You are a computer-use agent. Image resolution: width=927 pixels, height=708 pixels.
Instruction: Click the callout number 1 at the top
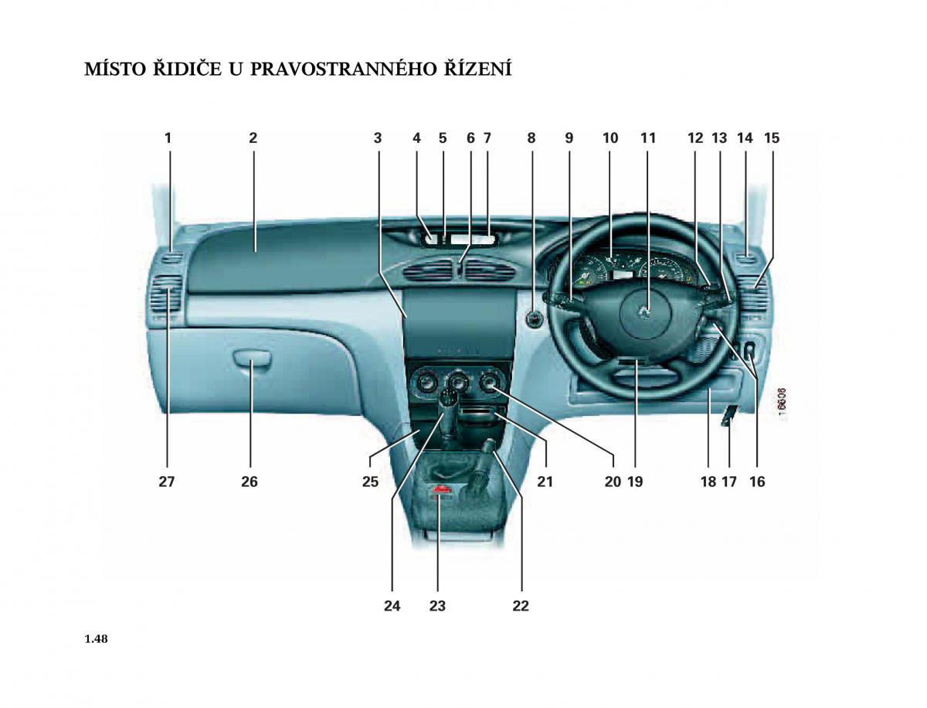click(168, 138)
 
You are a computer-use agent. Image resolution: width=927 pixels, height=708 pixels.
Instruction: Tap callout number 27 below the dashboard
click(166, 482)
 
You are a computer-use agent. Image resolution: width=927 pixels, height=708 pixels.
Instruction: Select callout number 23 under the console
click(437, 606)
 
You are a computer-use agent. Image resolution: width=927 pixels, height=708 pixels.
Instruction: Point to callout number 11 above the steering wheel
click(648, 138)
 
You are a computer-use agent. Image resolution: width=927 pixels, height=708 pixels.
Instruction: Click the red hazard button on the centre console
click(440, 490)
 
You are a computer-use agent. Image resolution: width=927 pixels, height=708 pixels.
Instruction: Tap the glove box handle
click(252, 351)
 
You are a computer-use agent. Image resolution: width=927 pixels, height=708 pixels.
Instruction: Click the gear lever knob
click(450, 400)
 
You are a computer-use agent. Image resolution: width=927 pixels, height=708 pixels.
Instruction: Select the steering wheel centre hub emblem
click(644, 312)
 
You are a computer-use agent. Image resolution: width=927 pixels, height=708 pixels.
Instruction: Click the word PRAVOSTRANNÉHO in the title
click(343, 70)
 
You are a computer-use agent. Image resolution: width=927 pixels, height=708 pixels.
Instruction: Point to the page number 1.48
click(97, 638)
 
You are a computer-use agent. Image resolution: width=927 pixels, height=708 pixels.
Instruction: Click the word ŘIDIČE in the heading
click(187, 69)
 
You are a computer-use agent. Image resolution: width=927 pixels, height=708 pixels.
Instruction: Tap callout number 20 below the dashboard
click(613, 482)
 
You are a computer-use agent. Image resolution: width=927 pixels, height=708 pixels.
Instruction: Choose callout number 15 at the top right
click(772, 138)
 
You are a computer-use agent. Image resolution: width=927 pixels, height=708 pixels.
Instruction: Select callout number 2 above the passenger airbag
click(253, 138)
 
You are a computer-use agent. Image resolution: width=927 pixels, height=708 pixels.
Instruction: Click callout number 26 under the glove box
click(250, 482)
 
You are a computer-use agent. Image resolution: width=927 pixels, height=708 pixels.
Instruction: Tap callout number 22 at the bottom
click(521, 606)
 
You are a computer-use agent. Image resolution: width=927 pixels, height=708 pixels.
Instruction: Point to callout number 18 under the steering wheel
click(708, 482)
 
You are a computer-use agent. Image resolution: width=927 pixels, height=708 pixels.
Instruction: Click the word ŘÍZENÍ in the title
click(477, 69)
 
